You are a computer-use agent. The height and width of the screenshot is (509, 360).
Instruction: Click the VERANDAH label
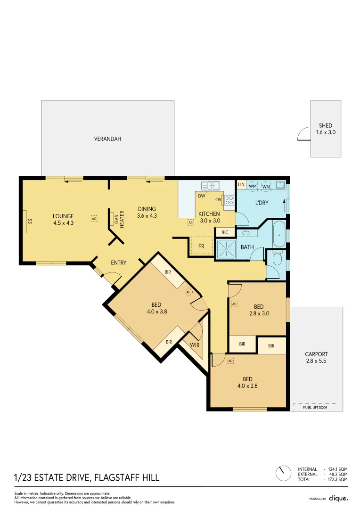tap(107, 139)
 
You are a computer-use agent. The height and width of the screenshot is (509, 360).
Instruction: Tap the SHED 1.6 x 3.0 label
tap(326, 129)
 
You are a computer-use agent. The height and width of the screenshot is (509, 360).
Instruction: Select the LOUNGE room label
tap(63, 220)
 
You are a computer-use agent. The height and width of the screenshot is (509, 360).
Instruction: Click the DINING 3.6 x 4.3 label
tap(147, 212)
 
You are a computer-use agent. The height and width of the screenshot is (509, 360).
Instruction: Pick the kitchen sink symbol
tap(211, 185)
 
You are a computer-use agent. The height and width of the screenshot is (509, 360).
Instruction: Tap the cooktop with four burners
tap(229, 200)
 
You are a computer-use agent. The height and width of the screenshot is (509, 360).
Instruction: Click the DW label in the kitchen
tap(202, 196)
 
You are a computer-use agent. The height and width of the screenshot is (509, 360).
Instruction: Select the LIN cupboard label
tap(241, 185)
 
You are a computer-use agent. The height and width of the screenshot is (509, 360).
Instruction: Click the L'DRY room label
tap(262, 203)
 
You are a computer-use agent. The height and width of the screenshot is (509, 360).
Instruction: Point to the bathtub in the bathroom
tap(279, 234)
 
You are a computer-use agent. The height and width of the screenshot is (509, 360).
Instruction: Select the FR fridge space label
tap(201, 246)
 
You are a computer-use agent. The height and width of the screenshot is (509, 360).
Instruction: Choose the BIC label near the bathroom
tap(225, 232)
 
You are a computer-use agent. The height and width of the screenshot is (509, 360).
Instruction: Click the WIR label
tap(195, 345)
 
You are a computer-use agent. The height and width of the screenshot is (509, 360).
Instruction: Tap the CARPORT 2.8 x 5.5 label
tap(316, 357)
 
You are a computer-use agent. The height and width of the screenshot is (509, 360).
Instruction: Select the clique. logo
tap(338, 498)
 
